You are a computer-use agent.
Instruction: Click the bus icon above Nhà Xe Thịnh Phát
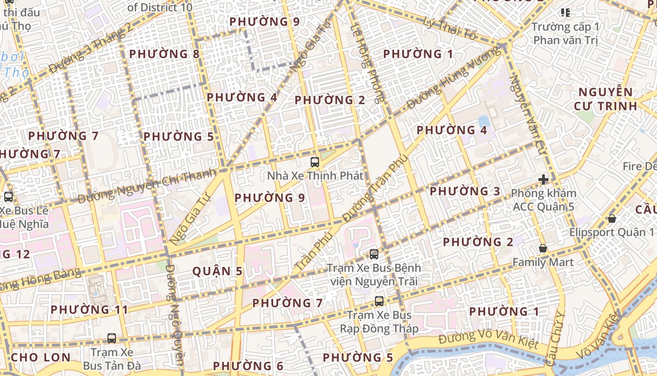(x=315, y=162)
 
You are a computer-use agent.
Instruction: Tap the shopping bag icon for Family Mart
(x=543, y=248)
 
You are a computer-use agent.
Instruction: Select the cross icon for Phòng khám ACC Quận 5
(x=543, y=179)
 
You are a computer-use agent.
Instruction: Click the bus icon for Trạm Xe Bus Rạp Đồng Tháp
(x=379, y=301)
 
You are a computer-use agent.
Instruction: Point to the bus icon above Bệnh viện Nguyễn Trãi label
(x=374, y=254)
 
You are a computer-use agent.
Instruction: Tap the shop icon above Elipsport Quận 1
(x=611, y=219)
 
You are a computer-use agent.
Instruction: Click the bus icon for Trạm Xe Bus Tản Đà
(x=112, y=338)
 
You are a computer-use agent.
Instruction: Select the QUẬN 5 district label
(x=218, y=271)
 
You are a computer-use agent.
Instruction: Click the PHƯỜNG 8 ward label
(x=164, y=54)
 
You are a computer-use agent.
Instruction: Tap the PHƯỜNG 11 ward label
(x=89, y=310)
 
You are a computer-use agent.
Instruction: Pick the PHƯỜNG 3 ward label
(x=465, y=191)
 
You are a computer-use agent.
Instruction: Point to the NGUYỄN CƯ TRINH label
(x=605, y=99)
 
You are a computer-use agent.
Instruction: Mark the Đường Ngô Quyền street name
(x=173, y=315)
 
